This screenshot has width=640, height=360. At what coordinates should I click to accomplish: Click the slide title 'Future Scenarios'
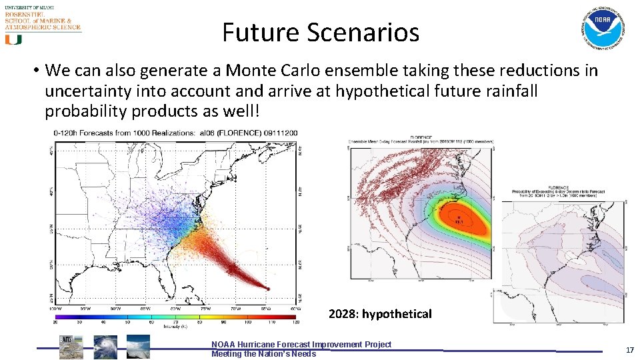coord(321,32)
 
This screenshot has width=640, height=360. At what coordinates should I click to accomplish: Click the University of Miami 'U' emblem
coord(13,39)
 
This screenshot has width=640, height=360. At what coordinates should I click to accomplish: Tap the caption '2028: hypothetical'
coord(380,313)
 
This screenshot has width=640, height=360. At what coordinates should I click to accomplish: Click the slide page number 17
coord(629,349)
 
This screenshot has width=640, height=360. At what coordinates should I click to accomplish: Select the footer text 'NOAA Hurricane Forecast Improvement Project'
coord(301,344)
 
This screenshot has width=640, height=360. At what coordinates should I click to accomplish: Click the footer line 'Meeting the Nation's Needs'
coord(263,353)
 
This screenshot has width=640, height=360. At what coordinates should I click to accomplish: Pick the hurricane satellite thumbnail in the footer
coord(105,347)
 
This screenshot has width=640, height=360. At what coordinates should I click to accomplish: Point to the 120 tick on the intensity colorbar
coord(296,321)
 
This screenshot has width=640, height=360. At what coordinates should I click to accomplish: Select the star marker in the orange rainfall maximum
coord(459,216)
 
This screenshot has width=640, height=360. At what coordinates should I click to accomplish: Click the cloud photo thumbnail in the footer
coord(138,347)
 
